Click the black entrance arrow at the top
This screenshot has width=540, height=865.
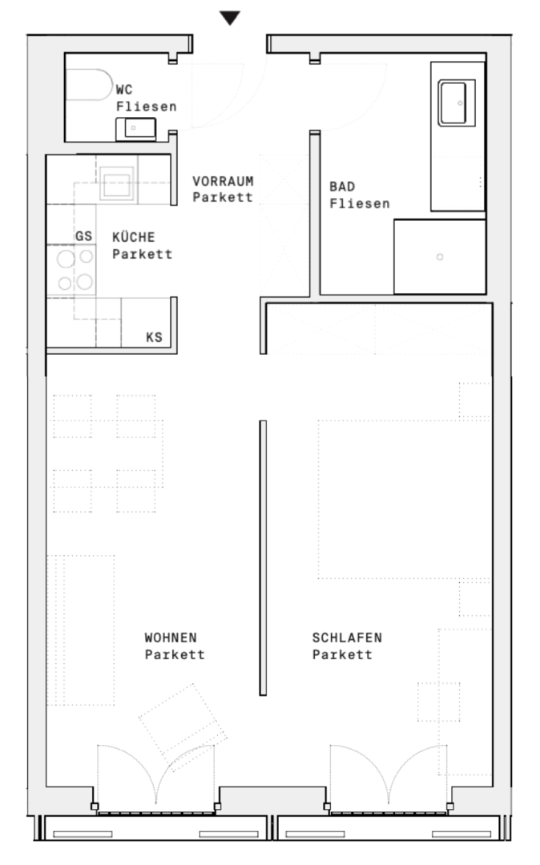coord(230,18)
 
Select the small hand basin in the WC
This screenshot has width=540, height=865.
coord(135,127)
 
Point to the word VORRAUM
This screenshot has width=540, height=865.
coord(222,182)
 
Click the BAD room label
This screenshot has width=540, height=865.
coord(341,187)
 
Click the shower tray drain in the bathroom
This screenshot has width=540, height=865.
coord(439,257)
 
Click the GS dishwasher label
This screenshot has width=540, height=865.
coord(84,237)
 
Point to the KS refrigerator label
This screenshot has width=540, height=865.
coord(154,337)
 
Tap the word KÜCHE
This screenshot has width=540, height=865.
coord(133,237)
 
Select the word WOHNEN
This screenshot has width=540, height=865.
coord(170,638)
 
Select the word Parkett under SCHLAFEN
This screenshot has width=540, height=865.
coord(342,654)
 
